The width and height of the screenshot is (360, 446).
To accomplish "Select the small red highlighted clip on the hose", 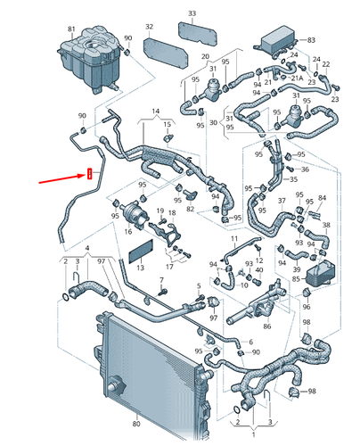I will click(x=89, y=173).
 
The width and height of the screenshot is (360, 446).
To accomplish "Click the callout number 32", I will click(x=149, y=28).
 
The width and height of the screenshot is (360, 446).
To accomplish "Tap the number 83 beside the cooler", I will click(x=311, y=41).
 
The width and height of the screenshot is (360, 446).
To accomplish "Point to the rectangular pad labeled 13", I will click(x=142, y=252).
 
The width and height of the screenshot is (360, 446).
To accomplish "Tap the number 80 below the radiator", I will click(x=136, y=424).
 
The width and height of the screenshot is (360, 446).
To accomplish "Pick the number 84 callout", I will click(x=323, y=197).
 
